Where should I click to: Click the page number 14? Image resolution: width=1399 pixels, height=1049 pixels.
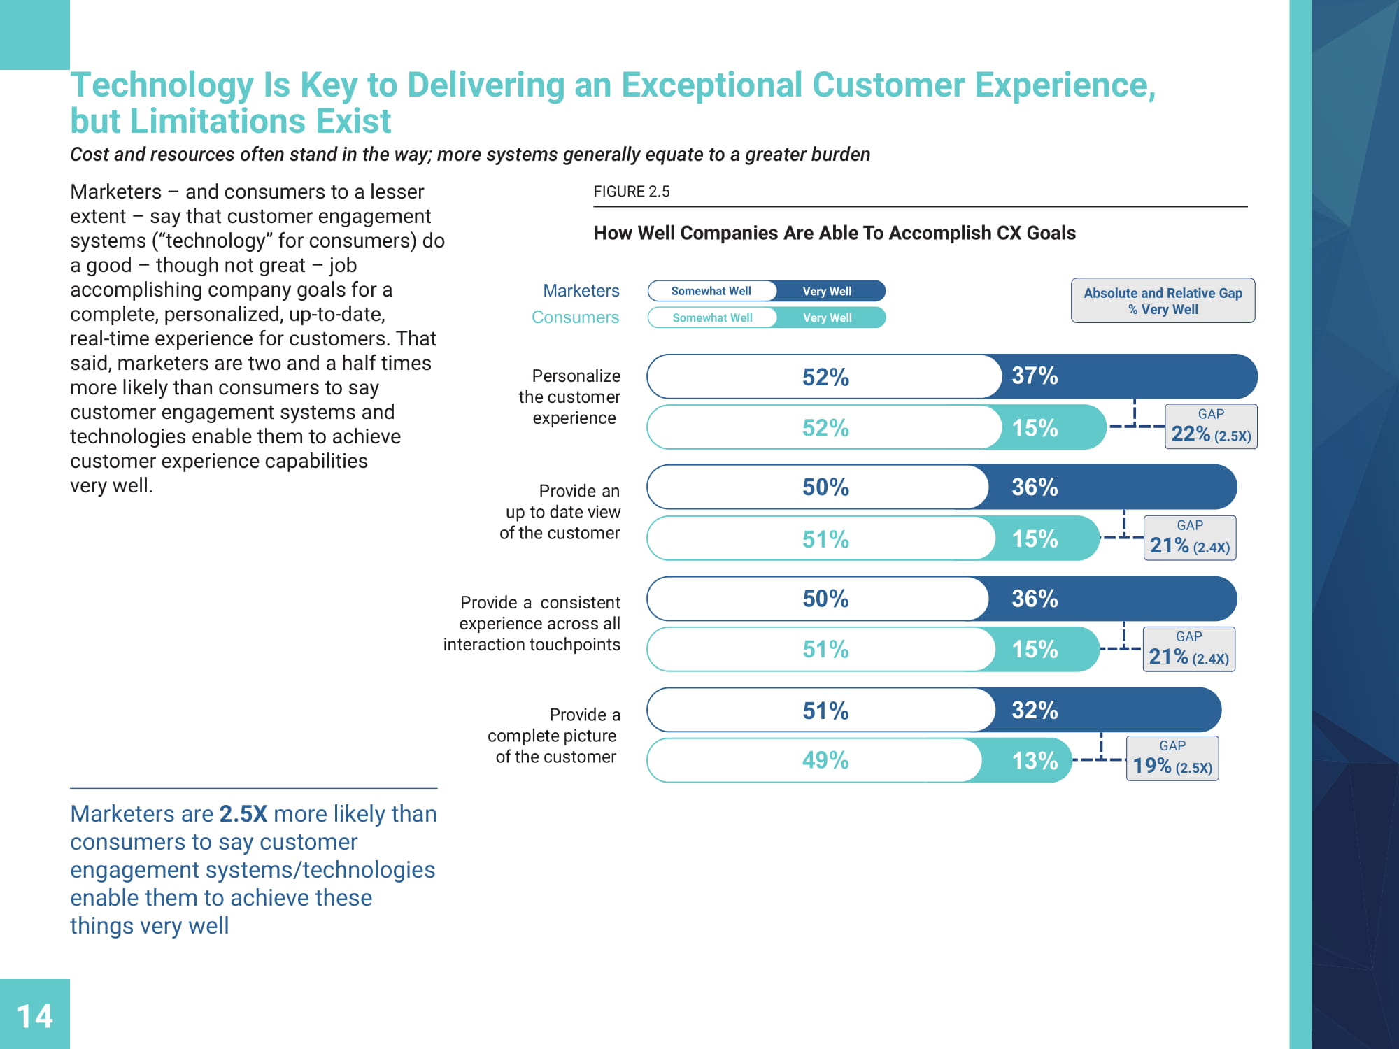tap(35, 1016)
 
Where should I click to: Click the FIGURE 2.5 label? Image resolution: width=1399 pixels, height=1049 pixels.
tap(631, 192)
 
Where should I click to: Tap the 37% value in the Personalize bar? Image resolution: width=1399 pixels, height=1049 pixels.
tap(1035, 376)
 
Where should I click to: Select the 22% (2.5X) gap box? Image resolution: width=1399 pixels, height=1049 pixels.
tap(1210, 427)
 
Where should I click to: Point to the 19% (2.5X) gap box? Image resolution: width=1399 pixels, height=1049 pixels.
tap(1172, 759)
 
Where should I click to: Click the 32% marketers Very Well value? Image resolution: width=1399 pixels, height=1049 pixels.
tap(1035, 711)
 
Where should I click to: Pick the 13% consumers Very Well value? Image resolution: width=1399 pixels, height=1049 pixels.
tap(1035, 761)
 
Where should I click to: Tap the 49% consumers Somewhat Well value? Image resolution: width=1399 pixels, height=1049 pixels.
tap(825, 760)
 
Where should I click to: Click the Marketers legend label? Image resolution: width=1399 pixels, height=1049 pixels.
tap(581, 291)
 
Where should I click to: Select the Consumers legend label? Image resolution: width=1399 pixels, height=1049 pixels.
tap(575, 317)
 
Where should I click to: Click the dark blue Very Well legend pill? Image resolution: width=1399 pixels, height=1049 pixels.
tap(828, 291)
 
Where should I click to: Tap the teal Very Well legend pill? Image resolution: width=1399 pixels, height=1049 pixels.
tap(828, 317)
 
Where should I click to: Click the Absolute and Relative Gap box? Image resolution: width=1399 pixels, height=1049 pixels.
tap(1163, 301)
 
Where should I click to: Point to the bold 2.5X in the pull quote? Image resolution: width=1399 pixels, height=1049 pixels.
tap(243, 814)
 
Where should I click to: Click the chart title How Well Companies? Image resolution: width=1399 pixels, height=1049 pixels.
tap(834, 233)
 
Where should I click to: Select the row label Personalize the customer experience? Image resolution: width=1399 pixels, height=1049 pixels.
tap(570, 397)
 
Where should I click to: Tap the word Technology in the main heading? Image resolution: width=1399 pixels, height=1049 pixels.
tap(162, 85)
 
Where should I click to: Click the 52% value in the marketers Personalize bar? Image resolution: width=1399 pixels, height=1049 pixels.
tap(825, 377)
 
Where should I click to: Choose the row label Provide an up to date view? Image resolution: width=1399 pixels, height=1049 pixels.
tap(560, 512)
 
